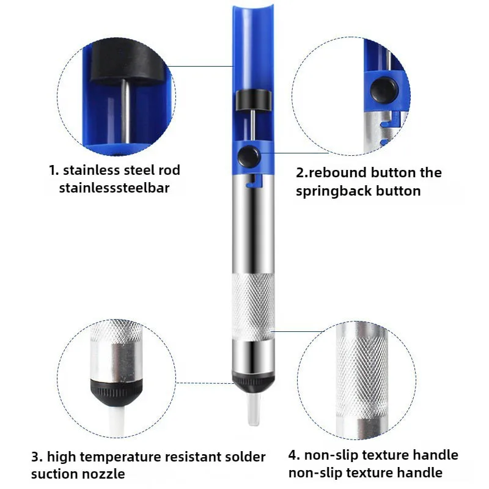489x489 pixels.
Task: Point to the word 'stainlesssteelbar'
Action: [114, 188]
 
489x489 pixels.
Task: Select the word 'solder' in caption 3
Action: [241, 457]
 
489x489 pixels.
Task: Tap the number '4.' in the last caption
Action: [295, 455]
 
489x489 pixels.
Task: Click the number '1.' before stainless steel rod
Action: [54, 170]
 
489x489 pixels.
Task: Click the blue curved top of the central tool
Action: [252, 31]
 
